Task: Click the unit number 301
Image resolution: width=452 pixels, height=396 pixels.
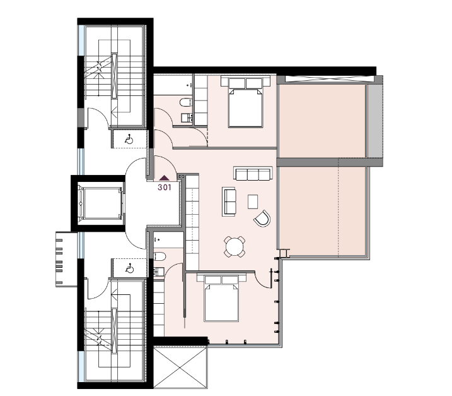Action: click(x=165, y=187)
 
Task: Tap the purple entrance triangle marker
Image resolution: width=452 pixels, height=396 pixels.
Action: click(x=165, y=178)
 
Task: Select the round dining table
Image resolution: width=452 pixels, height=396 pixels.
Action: click(x=235, y=247)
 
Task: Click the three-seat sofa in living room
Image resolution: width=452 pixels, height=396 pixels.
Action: click(x=253, y=174)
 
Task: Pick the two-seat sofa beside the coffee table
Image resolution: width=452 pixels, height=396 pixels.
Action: click(x=229, y=201)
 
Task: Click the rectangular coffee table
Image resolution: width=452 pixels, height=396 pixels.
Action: click(x=253, y=201)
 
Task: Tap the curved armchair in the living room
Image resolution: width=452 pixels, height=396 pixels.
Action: click(x=262, y=219)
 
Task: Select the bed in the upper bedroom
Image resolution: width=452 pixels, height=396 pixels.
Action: click(x=246, y=102)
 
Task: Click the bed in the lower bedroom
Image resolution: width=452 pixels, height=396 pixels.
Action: click(x=221, y=298)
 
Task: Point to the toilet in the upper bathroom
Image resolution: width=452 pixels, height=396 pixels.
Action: click(x=185, y=102)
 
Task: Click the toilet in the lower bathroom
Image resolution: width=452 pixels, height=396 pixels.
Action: click(x=159, y=256)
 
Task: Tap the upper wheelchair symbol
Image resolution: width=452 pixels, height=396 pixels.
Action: click(x=129, y=140)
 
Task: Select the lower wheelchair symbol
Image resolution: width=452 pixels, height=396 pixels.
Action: click(x=129, y=268)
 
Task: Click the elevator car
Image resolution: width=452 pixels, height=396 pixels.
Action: click(x=101, y=203)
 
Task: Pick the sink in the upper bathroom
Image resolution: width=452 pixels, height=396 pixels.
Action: click(x=187, y=118)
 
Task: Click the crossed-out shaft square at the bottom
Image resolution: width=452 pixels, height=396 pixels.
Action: click(x=180, y=367)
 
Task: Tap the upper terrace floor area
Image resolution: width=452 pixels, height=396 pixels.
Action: click(x=322, y=121)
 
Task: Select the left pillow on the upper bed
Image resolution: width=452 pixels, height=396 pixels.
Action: click(x=236, y=84)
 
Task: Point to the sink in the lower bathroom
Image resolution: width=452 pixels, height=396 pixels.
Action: click(x=159, y=271)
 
